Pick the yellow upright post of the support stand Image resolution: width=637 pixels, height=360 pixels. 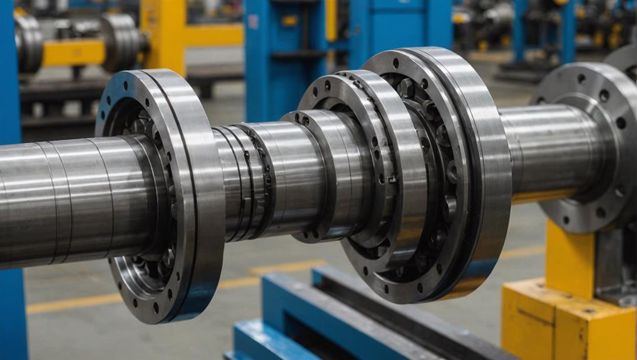pyautogui.click(x=566, y=257)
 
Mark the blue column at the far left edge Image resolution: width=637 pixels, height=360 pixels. pyautogui.click(x=11, y=188)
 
